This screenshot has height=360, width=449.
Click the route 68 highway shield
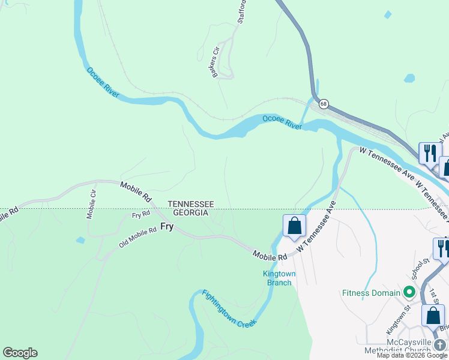point(324,104)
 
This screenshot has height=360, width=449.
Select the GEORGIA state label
point(190,213)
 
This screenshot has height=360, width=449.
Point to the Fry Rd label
point(140,214)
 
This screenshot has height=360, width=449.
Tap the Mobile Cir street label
point(91,205)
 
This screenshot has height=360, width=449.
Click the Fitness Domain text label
point(371,293)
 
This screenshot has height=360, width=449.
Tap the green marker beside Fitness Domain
point(410,293)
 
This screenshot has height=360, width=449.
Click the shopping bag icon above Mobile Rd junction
point(294,226)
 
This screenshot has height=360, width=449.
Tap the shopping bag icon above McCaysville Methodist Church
point(433,316)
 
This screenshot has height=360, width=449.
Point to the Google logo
point(20,353)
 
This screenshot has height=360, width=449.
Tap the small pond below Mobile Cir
point(80,240)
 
